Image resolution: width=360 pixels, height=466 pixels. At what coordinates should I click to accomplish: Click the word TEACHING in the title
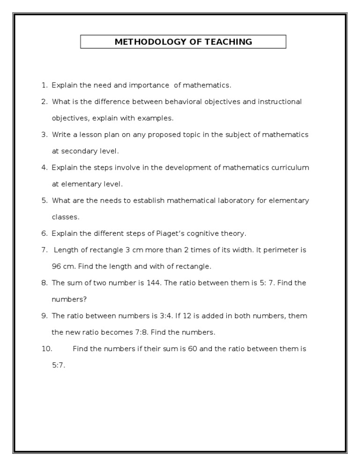(231, 42)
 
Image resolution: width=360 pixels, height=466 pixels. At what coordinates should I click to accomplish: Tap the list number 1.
(44, 85)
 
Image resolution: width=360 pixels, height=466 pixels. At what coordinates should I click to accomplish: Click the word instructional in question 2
(279, 102)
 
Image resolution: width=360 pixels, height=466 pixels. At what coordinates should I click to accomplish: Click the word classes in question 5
(65, 217)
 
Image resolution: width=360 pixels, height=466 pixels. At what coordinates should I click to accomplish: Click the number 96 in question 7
(56, 266)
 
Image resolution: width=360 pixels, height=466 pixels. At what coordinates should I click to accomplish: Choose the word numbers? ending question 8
(69, 299)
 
